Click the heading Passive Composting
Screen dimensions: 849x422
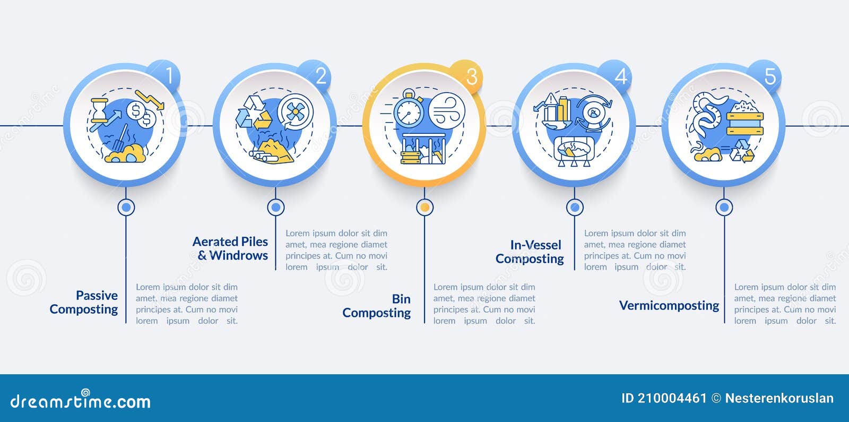point(84,302)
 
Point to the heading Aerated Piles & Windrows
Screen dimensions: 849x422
point(230,248)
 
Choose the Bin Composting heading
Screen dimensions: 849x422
point(376,306)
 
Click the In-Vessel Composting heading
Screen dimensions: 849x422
point(530,252)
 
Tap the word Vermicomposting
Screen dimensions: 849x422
point(669,305)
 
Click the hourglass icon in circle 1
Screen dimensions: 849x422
point(99,110)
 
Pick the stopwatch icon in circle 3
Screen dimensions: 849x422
point(409,108)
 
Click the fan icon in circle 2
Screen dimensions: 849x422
point(295,112)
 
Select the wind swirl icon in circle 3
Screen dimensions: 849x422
point(446,110)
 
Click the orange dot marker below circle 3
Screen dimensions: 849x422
point(424,208)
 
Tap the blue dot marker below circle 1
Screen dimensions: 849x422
point(126,208)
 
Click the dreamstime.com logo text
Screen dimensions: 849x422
point(80,400)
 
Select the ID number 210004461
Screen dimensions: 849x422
point(672,398)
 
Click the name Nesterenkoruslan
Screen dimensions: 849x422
point(779,398)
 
